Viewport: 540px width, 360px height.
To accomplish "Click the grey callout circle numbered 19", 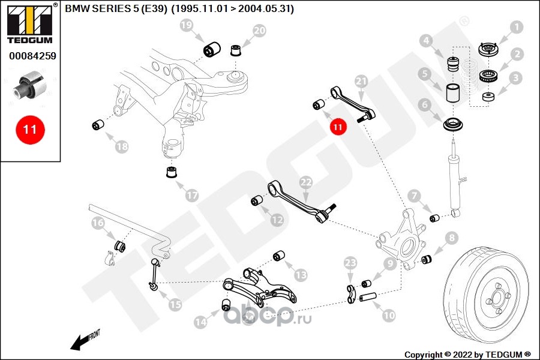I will click(187, 26).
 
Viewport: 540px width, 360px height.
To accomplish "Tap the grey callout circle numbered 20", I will click(259, 31).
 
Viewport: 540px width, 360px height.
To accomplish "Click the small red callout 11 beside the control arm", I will click(338, 127).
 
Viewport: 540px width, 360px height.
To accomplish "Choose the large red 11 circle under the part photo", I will click(30, 129).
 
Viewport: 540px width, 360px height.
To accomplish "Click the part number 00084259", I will click(32, 57).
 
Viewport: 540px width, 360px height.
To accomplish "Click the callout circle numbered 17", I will click(191, 196).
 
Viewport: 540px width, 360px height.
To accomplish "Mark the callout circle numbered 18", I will click(122, 146).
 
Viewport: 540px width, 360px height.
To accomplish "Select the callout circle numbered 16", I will click(98, 224).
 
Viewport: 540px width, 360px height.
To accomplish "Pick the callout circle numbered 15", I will click(175, 305).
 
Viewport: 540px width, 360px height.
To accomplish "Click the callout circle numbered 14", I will click(200, 322).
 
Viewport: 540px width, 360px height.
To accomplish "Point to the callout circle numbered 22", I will click(306, 182).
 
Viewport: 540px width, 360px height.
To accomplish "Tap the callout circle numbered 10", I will click(389, 313).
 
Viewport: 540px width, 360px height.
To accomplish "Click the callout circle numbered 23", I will click(351, 263).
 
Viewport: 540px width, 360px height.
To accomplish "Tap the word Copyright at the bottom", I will click(424, 354).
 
